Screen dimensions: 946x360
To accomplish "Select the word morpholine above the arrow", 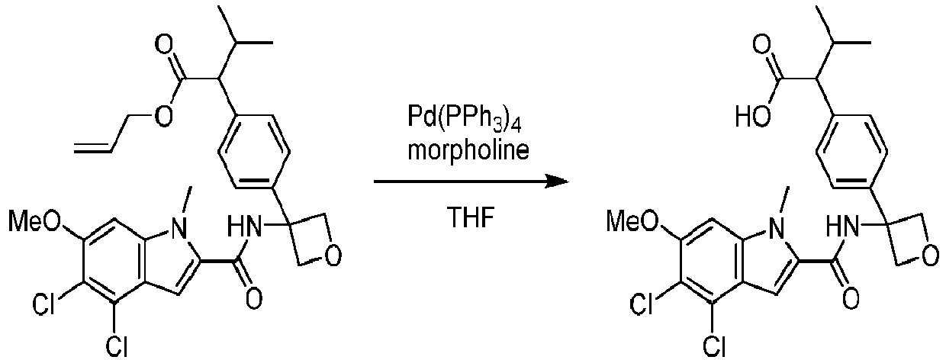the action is click(468, 150).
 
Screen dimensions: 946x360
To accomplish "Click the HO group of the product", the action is click(753, 116).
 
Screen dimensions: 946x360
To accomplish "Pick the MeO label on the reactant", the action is click(35, 220).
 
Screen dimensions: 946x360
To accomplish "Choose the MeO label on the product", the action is click(632, 220).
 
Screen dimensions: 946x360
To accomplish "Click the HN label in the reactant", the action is click(244, 227).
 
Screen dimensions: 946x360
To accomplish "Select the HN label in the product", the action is click(842, 227).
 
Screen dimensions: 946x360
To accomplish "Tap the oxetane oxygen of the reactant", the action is click(333, 256).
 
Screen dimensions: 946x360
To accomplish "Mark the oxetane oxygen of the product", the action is click(932, 256).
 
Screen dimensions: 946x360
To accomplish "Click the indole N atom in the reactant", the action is click(179, 231).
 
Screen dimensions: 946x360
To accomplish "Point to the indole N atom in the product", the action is click(776, 231).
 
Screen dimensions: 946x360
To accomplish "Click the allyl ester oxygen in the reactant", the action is click(163, 116).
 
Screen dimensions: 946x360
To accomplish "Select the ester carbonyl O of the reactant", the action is click(164, 45).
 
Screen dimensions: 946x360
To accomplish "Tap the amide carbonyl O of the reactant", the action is click(253, 298).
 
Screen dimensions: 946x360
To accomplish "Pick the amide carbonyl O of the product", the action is click(851, 298).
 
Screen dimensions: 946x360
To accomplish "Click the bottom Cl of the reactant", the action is click(116, 346).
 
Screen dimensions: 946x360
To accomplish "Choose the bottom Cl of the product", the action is click(714, 346).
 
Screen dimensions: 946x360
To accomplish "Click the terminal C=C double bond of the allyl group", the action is click(93, 148).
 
